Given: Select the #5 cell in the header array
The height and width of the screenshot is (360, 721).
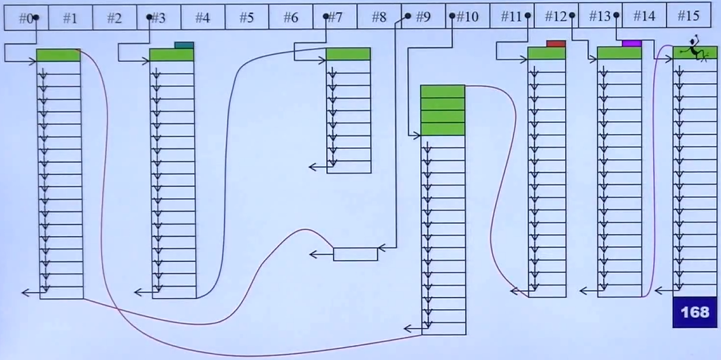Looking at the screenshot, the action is point(246,18).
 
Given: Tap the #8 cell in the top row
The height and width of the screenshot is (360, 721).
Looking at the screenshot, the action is point(379,18).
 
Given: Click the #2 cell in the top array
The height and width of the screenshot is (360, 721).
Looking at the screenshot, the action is point(114,18).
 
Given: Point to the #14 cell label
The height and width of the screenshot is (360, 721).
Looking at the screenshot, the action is point(644,17).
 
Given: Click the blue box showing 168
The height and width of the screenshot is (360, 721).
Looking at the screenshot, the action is point(695,312).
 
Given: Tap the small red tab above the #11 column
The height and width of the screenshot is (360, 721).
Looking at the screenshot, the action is point(556,44).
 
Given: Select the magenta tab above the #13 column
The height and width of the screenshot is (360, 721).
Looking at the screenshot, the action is point(631,44).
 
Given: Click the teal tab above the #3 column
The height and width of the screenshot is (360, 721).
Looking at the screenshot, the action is point(184,46).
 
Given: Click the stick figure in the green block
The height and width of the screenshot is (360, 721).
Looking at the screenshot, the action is point(694,50).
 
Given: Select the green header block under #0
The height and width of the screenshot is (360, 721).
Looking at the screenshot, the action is point(58,55).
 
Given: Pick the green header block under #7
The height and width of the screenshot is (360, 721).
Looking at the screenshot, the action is point(348,54).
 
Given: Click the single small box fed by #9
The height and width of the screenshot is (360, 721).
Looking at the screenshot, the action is point(355,254).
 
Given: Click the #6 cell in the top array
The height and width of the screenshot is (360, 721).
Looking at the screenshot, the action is point(291,18).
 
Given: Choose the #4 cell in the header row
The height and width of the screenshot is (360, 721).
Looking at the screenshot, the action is point(202,18).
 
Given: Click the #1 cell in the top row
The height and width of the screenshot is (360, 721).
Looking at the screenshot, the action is point(70,18).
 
